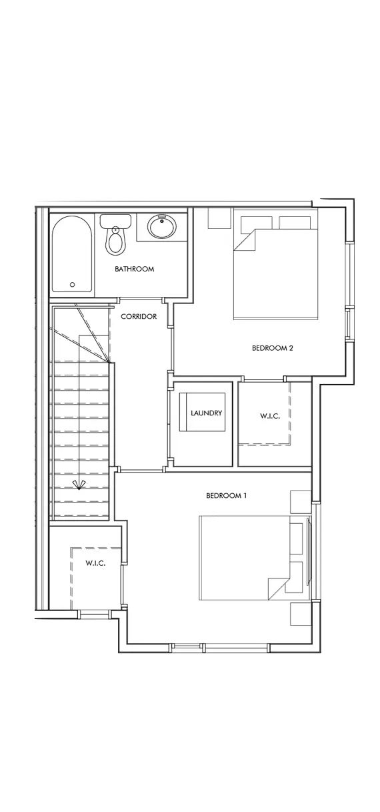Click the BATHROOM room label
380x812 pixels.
click(x=134, y=269)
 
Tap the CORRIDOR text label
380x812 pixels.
click(x=139, y=316)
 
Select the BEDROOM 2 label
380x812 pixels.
click(x=272, y=348)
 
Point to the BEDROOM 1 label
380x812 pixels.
click(x=226, y=496)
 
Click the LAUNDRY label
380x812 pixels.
click(x=206, y=413)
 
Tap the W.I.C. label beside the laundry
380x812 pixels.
click(x=269, y=416)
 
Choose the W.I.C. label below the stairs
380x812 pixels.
click(x=95, y=563)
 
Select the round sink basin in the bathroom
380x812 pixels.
click(x=162, y=227)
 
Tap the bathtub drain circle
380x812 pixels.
click(x=72, y=285)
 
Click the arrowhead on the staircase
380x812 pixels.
click(x=79, y=485)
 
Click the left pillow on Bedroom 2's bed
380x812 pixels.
click(x=257, y=222)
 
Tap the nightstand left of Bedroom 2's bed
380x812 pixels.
click(x=219, y=218)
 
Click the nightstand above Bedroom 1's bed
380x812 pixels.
click(x=301, y=502)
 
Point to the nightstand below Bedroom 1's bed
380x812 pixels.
click(x=301, y=614)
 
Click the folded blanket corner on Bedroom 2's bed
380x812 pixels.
click(x=246, y=239)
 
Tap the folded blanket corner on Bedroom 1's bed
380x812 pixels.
click(x=279, y=588)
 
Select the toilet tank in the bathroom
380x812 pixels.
click(x=115, y=221)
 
